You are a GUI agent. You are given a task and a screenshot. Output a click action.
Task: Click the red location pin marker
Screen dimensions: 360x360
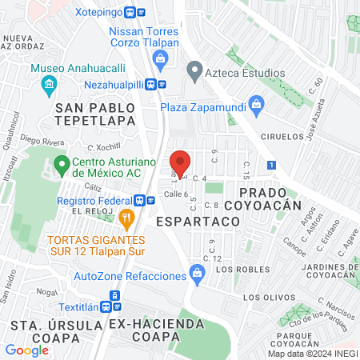coord(181,162)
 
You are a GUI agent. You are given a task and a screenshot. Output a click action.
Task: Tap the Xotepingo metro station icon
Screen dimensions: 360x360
coord(141,13)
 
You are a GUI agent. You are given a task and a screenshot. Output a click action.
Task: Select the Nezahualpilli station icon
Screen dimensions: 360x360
coord(161,83)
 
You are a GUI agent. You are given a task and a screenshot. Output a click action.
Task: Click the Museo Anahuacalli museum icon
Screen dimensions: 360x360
coord(50,84)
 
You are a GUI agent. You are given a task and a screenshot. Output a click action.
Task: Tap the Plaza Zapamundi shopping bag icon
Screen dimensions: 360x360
coord(256,103)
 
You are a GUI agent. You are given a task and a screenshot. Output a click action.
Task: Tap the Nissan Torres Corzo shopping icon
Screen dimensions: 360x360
coord(161,58)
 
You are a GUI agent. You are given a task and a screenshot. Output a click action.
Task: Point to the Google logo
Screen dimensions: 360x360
coord(26,350)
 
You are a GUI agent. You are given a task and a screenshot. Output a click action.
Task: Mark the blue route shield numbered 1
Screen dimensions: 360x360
coord(272,165)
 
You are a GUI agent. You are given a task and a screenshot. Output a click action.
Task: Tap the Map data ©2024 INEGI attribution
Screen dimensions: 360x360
coord(313,353)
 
